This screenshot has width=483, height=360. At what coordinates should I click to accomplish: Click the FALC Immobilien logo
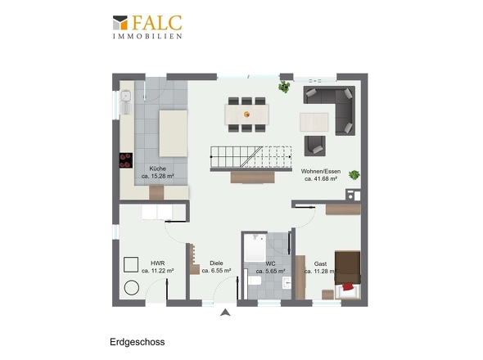tap(147, 27)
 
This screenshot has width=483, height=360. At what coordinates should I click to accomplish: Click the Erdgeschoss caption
tap(137, 342)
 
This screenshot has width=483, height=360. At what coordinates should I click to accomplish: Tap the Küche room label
tap(157, 169)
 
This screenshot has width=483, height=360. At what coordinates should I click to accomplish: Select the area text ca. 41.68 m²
tap(321, 178)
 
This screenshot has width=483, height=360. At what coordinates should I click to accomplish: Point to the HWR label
tap(157, 263)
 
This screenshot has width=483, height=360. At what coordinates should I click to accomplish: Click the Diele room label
tap(216, 263)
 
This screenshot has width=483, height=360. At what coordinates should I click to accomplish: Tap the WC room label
tap(270, 263)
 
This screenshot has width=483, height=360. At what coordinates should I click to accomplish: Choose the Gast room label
tap(320, 263)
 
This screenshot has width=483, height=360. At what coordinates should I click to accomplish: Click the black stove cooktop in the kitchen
tap(126, 160)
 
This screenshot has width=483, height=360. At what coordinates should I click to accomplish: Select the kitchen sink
tap(126, 101)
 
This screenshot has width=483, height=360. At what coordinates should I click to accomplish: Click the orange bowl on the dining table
tap(246, 115)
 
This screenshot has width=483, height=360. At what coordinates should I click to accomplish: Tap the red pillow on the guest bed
tap(348, 286)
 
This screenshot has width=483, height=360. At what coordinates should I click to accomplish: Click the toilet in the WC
tap(255, 281)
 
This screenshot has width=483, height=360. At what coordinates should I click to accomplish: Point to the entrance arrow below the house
tap(225, 313)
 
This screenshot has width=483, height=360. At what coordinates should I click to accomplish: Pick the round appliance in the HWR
tap(132, 288)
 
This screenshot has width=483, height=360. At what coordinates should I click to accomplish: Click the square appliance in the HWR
tap(131, 264)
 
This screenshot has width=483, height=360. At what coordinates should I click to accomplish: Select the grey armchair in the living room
tap(315, 146)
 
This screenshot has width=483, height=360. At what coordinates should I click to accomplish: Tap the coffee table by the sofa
tap(314, 122)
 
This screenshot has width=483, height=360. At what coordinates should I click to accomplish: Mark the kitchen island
tap(173, 133)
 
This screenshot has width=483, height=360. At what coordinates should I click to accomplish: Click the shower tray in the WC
tap(255, 248)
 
